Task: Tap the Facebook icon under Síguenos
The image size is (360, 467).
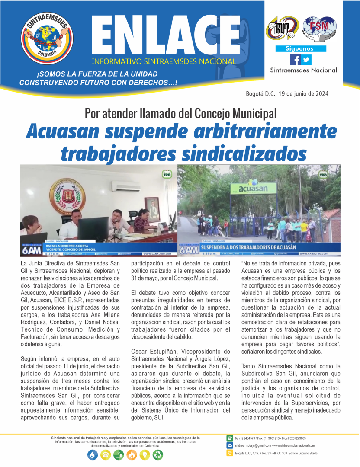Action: (x=295, y=60)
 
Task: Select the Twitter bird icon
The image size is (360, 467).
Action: (x=306, y=60)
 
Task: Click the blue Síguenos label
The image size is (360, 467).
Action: (x=300, y=49)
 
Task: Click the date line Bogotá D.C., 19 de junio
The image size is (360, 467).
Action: (x=287, y=93)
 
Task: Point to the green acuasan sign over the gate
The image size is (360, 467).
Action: (x=253, y=188)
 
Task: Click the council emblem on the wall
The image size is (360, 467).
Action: (x=67, y=195)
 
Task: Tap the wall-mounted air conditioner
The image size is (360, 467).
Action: (x=125, y=186)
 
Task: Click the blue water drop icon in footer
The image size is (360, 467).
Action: (x=93, y=454)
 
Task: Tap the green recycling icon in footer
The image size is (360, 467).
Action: (x=158, y=454)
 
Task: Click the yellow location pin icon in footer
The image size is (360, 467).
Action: (x=230, y=453)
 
